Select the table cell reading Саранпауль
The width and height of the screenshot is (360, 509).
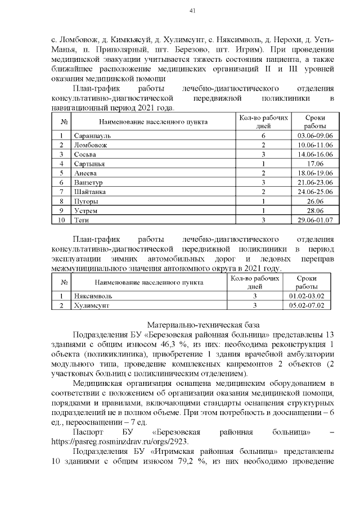pyautogui.click(x=93, y=136)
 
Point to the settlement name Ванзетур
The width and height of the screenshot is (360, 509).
pyautogui.click(x=89, y=182)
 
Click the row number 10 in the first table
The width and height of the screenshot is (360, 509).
pyautogui.click(x=61, y=219)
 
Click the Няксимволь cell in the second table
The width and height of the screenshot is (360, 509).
pyautogui.click(x=93, y=296)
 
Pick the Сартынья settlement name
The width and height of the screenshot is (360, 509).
pyautogui.click(x=90, y=164)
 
